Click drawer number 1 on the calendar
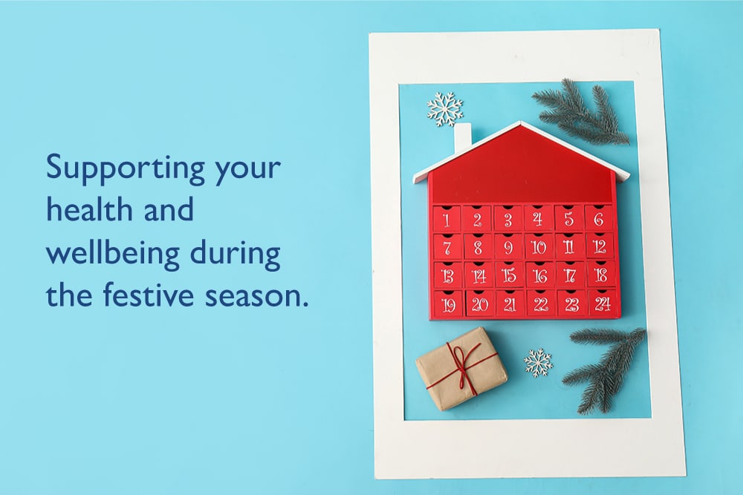pos(447,219)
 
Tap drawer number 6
pos(599,218)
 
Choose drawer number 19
pos(448,304)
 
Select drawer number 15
pos(509,275)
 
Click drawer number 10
pos(538,246)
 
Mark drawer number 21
pos(510,304)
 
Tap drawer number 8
pos(478,246)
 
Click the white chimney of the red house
pos(463,139)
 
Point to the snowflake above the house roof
pos(445,109)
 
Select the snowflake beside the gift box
pos(538,362)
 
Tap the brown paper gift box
pos(461,367)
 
